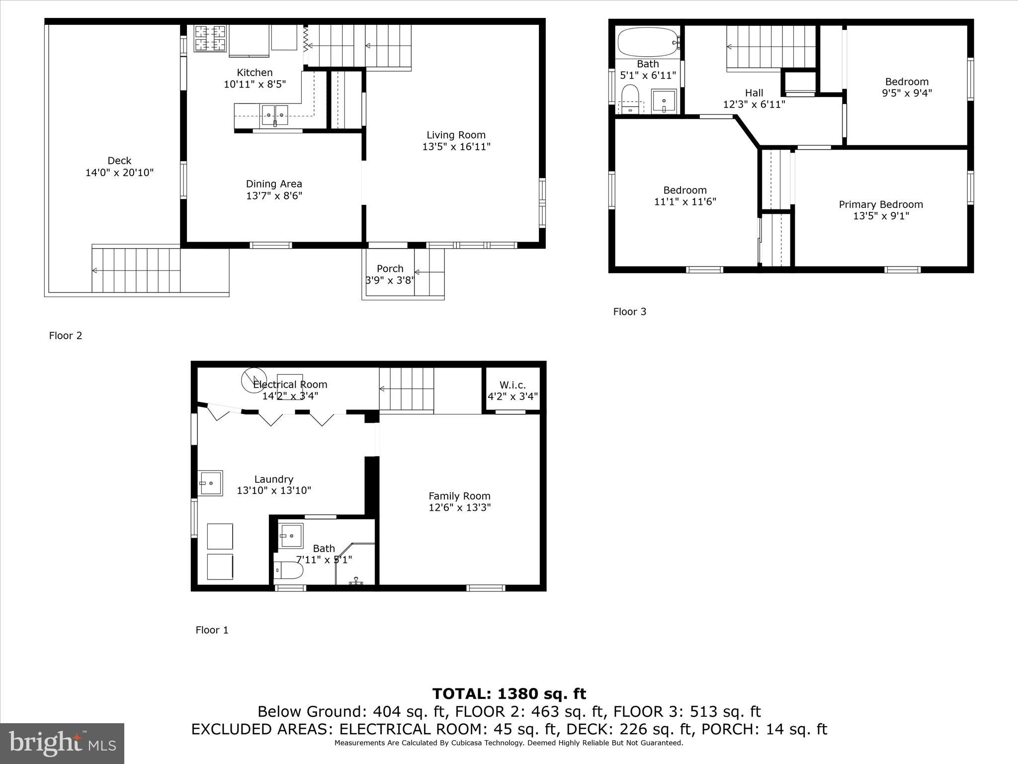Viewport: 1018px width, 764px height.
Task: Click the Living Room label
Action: [456, 135]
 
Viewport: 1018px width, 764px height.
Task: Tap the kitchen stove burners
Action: [209, 38]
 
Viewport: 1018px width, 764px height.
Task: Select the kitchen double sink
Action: [275, 114]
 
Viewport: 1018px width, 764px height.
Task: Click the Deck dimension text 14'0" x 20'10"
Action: [119, 173]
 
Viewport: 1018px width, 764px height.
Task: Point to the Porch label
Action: [390, 269]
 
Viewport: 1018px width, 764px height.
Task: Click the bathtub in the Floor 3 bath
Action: [648, 42]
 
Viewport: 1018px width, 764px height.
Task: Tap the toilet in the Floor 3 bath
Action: [630, 97]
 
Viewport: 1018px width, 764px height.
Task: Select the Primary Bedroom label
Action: [881, 204]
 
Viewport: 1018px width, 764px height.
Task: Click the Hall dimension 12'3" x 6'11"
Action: [754, 104]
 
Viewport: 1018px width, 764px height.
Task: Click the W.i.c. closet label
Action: [512, 385]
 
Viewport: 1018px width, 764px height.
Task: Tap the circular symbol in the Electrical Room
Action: [254, 380]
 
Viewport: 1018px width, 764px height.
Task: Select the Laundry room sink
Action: [210, 483]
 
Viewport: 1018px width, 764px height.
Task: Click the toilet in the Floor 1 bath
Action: [289, 571]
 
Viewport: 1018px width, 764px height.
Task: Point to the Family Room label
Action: [459, 496]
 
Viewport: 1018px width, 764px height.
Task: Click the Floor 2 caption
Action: [66, 336]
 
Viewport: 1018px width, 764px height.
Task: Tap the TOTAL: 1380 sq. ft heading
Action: [509, 693]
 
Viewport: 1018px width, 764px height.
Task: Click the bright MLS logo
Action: [62, 744]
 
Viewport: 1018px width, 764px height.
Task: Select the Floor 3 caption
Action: [629, 312]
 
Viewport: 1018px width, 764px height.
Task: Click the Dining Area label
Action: [274, 184]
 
